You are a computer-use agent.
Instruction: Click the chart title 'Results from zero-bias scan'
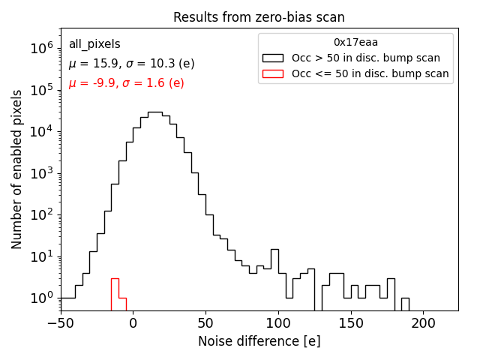point(259,17)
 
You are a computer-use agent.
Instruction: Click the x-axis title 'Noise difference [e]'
point(259,341)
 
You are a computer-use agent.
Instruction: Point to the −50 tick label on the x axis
point(60,323)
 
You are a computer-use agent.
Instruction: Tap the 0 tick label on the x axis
point(133,323)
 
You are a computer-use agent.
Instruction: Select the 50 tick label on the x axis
point(205,323)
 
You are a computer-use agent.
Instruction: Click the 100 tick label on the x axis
point(278,323)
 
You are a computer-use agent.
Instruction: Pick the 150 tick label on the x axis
point(351,323)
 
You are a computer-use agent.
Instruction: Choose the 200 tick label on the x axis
point(424,323)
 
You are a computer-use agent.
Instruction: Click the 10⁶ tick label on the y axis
point(41,48)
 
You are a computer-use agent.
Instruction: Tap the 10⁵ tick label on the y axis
point(41,90)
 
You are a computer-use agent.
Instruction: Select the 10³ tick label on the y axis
point(41,173)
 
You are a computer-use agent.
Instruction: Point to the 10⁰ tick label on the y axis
point(41,298)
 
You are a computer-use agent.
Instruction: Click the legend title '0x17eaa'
point(355,42)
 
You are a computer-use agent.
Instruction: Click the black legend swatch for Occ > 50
point(274,58)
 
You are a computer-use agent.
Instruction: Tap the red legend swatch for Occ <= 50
point(274,73)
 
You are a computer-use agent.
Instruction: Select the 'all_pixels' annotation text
point(94,44)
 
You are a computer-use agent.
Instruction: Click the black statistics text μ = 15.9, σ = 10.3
point(131,64)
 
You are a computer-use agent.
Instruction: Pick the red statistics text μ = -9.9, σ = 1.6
point(126,83)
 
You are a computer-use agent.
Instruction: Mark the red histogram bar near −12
point(115,293)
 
